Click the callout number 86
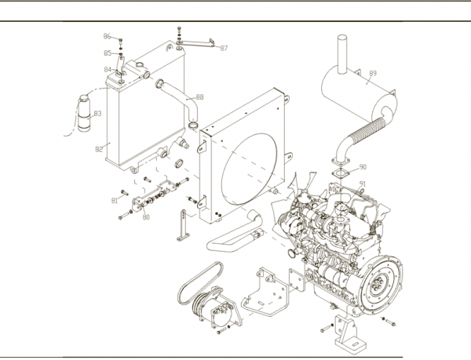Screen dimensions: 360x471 point(108,37)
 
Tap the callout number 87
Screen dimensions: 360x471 point(225,48)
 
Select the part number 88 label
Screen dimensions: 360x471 point(199,96)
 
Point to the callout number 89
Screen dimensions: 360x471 point(373,74)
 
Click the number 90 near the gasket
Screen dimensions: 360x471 point(363,166)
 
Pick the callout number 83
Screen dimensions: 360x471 point(97,114)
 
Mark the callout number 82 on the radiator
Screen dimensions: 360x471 point(99,148)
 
